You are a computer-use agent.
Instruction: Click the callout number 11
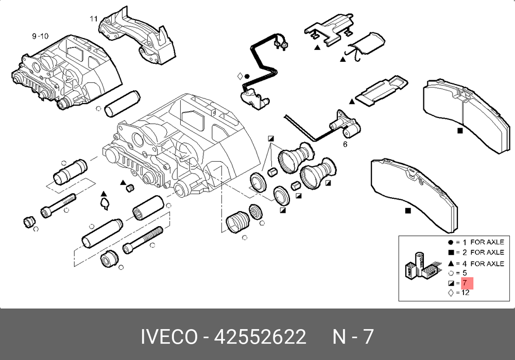coord(94,19)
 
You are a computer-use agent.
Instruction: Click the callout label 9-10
coord(40,36)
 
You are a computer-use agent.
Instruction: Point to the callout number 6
coord(345,144)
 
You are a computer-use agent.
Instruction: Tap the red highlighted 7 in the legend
coord(467,283)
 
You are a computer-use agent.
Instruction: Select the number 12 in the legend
coord(466,293)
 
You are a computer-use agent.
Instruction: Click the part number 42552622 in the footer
coord(260,337)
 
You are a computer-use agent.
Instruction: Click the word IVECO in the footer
coord(169,337)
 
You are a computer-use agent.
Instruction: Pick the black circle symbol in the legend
coord(451,243)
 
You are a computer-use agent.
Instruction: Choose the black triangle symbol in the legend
coord(451,263)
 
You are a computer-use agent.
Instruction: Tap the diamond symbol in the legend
coord(451,293)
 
